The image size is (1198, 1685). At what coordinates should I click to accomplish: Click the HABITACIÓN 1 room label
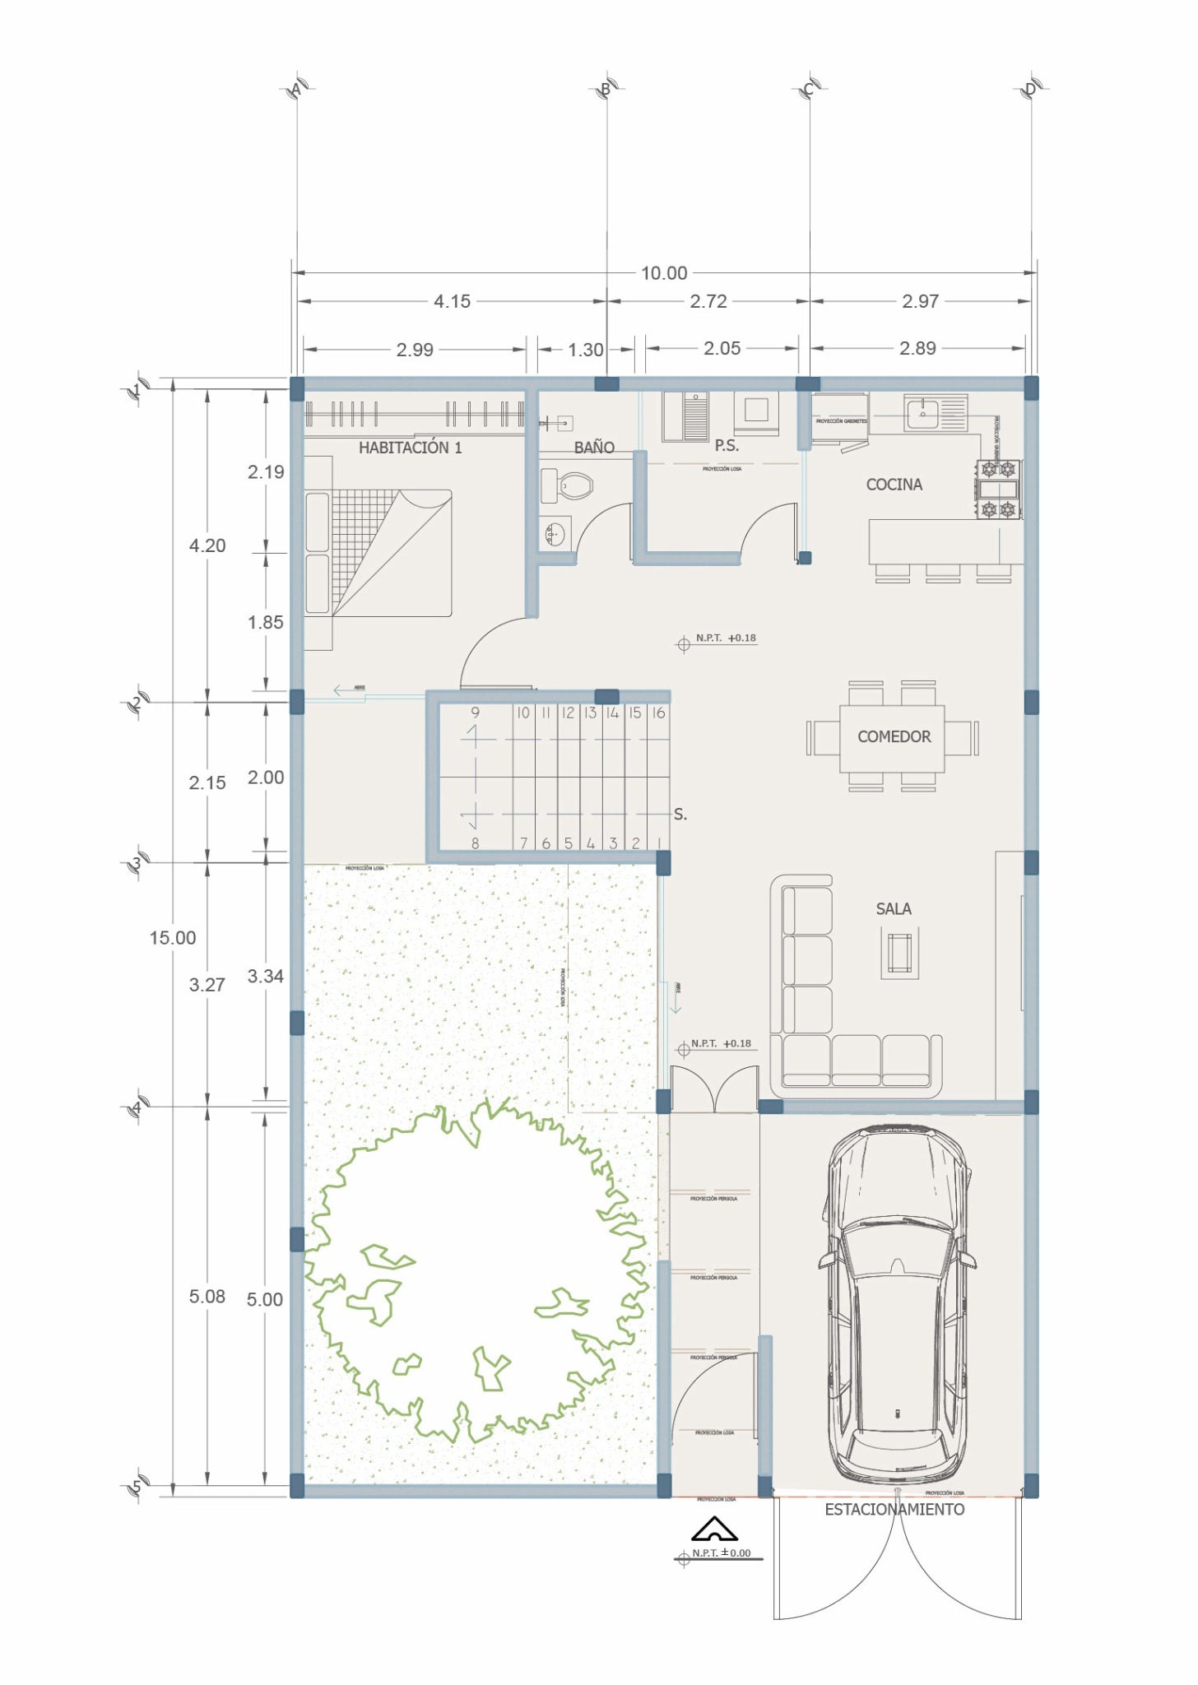click(x=410, y=448)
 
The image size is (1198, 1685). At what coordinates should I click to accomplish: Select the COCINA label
click(x=894, y=485)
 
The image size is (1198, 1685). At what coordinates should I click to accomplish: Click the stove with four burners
click(x=998, y=490)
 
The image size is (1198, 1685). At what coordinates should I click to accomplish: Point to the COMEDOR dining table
click(x=893, y=737)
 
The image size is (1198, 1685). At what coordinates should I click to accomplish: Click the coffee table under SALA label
click(x=899, y=953)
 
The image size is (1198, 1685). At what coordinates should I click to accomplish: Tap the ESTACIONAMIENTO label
click(x=894, y=1510)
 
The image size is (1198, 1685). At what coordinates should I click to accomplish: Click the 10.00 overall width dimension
click(x=663, y=273)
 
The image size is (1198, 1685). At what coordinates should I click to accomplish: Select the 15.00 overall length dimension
click(x=173, y=938)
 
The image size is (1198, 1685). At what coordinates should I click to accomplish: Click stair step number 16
click(x=658, y=713)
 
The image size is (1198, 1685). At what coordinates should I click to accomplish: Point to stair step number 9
click(x=475, y=713)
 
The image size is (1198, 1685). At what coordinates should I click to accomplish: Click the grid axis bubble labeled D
click(x=1031, y=89)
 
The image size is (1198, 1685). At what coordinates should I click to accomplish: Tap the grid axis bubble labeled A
click(x=297, y=89)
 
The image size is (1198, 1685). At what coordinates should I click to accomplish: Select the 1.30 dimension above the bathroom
click(x=585, y=350)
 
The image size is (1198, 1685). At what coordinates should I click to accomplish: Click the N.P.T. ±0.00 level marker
click(x=721, y=1553)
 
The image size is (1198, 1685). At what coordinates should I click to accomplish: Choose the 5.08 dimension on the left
click(x=207, y=1297)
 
